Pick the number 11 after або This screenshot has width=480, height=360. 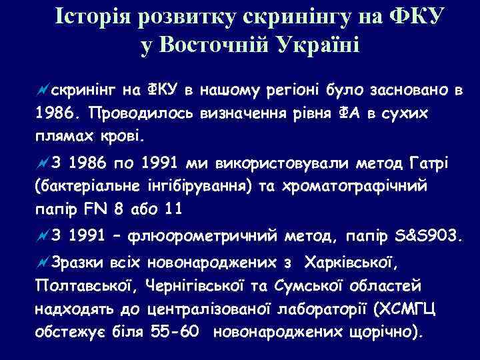(173, 208)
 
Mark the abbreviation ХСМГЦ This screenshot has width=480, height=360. (404, 309)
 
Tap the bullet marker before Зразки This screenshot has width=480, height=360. (42, 263)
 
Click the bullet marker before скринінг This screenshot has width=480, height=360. (42, 91)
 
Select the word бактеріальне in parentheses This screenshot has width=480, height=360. (85, 185)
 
